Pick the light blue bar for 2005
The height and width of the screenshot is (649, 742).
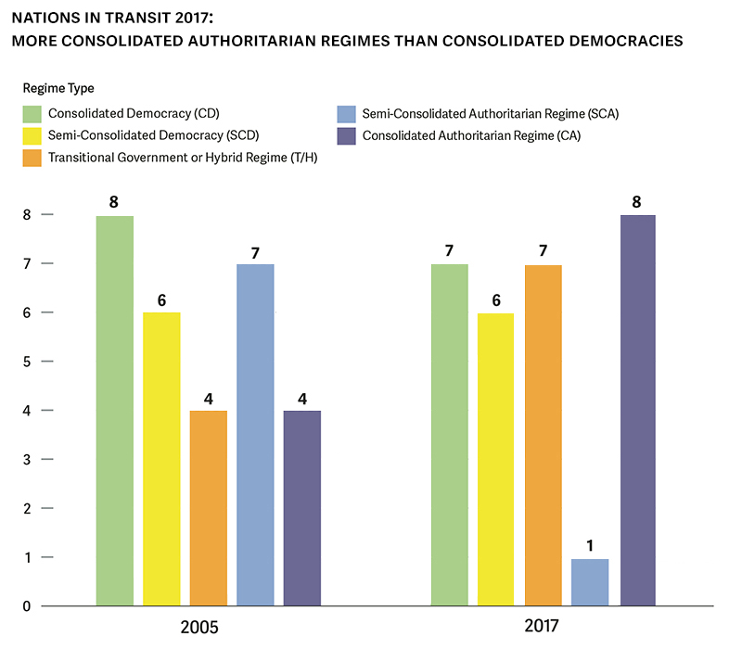tap(255, 435)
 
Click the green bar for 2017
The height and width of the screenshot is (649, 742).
tap(450, 435)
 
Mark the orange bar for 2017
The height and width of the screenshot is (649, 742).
tap(544, 435)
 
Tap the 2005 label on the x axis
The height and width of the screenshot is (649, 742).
tap(199, 628)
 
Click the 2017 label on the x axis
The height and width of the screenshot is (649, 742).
tap(544, 628)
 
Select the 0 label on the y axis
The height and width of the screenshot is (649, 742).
tap(27, 606)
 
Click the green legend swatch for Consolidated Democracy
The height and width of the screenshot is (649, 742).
tap(32, 114)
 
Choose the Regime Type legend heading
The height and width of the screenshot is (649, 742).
tap(58, 88)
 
